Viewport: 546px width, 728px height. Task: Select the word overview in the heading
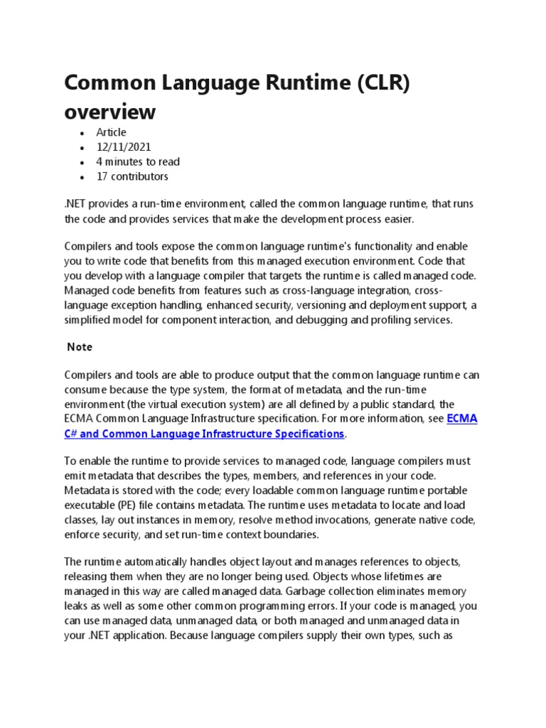pyautogui.click(x=109, y=112)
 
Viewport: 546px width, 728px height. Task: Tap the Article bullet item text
pyautogui.click(x=112, y=132)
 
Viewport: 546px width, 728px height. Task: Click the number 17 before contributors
pyautogui.click(x=103, y=176)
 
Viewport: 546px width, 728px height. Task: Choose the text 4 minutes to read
pyautogui.click(x=138, y=161)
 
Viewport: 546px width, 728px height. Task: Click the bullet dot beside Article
pyautogui.click(x=83, y=133)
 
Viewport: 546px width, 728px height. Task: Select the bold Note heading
pyautogui.click(x=80, y=347)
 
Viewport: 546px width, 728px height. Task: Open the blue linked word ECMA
pyautogui.click(x=462, y=419)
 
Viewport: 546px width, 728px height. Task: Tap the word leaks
pyautogui.click(x=77, y=606)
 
